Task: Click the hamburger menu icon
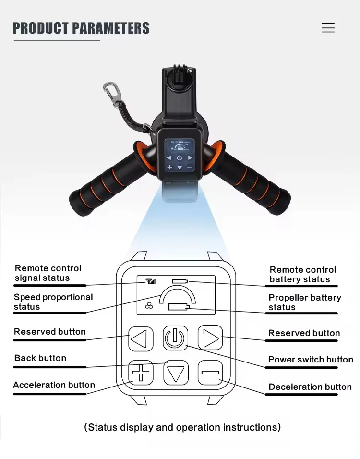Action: point(328,27)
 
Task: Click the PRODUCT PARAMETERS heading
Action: point(81,28)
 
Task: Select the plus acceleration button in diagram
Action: point(141,373)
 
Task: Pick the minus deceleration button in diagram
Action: point(210,373)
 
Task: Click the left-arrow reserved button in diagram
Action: point(140,339)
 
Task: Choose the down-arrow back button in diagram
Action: point(176,373)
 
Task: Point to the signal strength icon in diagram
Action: point(151,281)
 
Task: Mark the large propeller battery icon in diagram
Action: point(179,307)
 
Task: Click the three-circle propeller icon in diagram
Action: point(149,306)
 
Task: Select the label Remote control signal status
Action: point(48,273)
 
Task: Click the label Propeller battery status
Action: point(304,302)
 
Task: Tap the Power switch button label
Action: point(310,360)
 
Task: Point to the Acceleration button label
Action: point(54,385)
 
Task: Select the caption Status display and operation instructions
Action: point(182,427)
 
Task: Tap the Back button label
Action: point(40,358)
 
